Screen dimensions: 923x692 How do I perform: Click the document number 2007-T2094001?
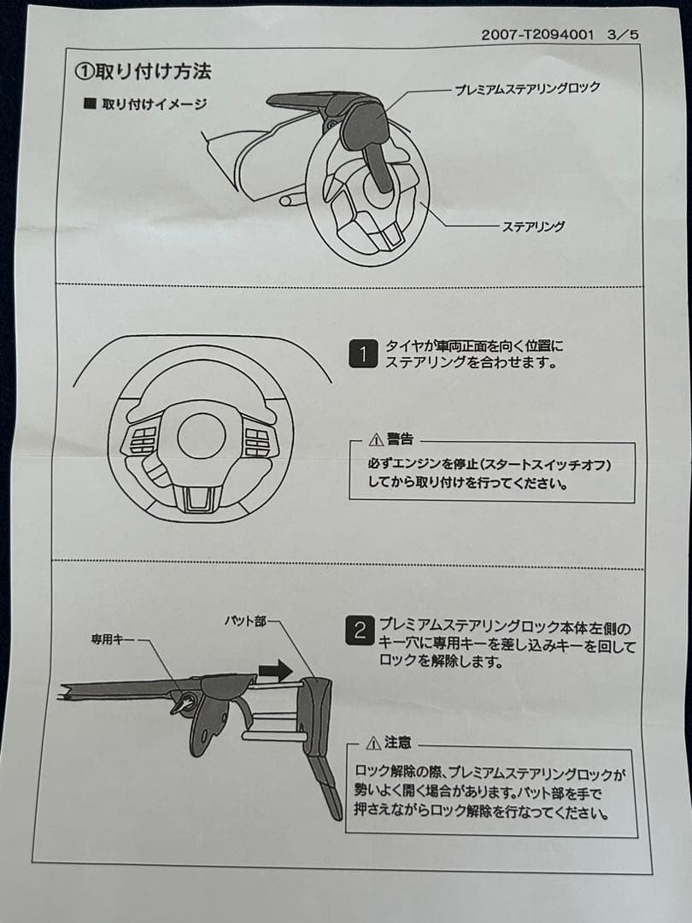(x=536, y=35)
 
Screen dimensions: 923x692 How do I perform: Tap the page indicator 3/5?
(x=622, y=35)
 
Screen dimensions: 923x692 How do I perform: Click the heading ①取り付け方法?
(x=143, y=72)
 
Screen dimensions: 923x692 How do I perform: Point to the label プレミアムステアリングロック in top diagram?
(x=527, y=88)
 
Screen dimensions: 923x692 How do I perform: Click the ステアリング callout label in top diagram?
(x=532, y=226)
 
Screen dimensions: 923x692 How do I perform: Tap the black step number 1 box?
(x=362, y=354)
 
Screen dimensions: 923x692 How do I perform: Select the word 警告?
(x=400, y=440)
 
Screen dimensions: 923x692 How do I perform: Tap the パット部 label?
(x=245, y=621)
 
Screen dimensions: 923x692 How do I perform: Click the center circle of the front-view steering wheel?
(x=202, y=436)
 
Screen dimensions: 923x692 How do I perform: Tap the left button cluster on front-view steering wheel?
(x=142, y=441)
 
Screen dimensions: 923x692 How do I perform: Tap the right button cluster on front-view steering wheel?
(x=256, y=442)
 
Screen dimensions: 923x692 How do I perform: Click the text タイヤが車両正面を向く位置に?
(x=474, y=346)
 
